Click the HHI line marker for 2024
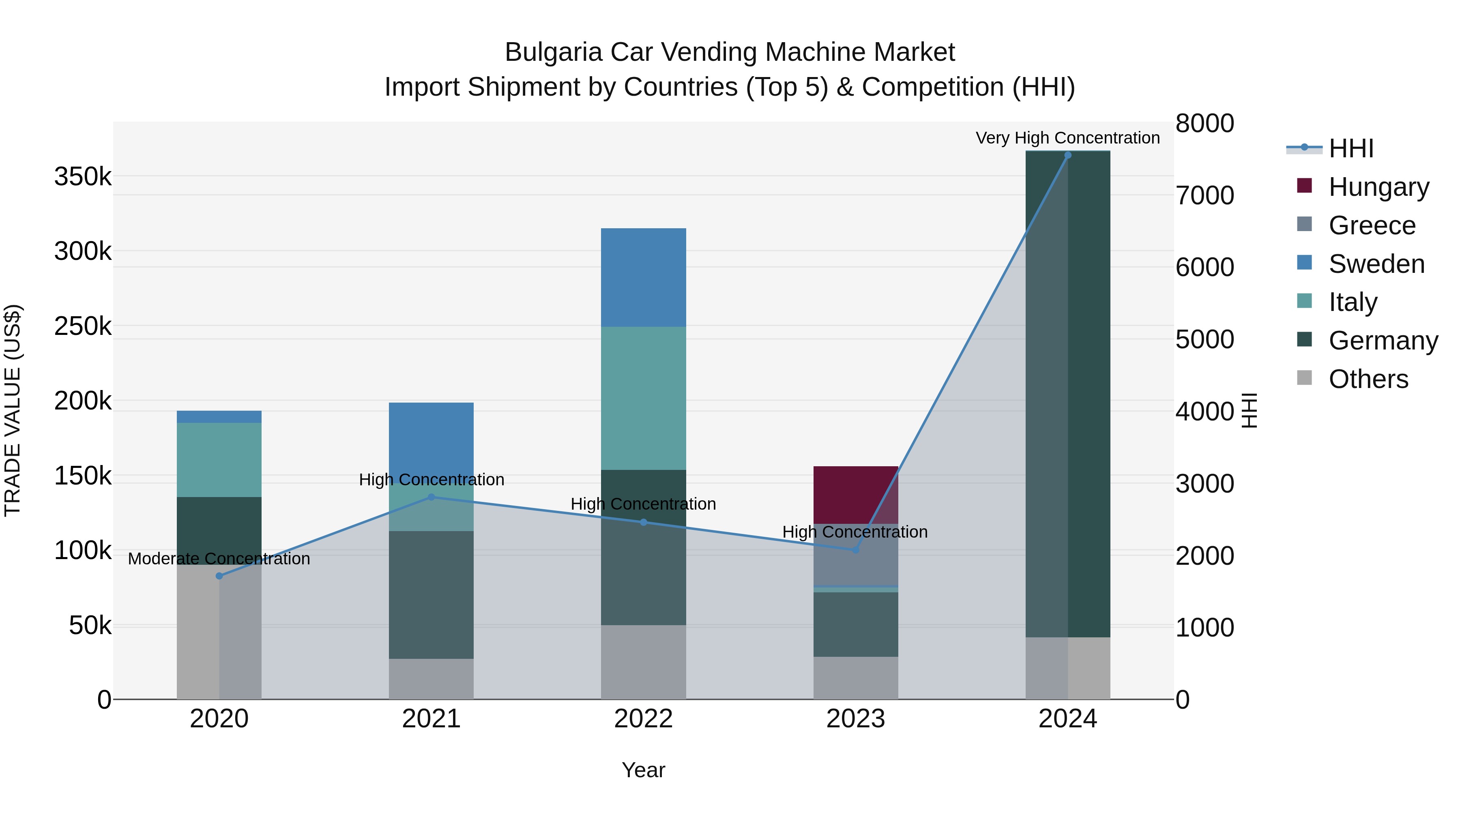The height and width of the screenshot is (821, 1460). pos(1068,155)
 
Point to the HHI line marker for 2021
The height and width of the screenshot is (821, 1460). pos(432,497)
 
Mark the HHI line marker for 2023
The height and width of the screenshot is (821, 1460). pos(856,550)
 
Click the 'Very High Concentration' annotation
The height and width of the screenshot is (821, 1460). pos(1068,138)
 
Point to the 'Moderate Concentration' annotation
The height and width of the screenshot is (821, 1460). pos(219,559)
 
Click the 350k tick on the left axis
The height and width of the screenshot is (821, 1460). pos(83,177)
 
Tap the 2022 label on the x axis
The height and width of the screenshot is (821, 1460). pos(643,719)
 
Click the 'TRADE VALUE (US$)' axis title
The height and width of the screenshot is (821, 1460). pos(13,410)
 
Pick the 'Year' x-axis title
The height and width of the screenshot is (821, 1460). pos(643,770)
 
